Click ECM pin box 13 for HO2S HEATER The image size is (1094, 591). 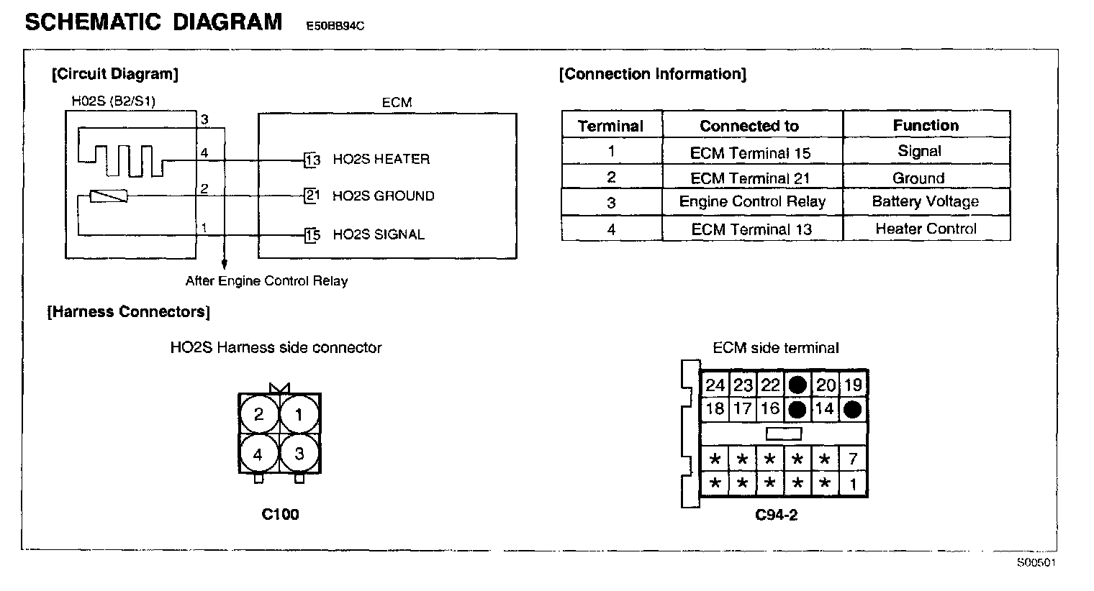312,160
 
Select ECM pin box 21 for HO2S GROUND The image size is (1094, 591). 312,196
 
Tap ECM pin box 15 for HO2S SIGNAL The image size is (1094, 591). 312,234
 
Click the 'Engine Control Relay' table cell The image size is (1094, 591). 752,202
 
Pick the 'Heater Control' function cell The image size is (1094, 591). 926,229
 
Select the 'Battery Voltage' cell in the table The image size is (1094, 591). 926,202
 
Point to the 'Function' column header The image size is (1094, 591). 926,126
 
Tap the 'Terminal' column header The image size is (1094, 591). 610,127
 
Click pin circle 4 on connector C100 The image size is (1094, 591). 258,454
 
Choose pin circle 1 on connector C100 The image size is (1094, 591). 299,414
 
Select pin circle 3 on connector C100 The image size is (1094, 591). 299,454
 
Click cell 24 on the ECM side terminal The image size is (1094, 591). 715,385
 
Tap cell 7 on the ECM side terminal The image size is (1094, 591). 853,459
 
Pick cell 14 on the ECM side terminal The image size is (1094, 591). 825,409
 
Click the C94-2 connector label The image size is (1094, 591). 776,515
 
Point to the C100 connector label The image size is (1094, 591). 280,514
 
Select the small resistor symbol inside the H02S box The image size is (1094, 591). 109,196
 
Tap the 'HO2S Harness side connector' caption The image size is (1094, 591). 276,348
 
